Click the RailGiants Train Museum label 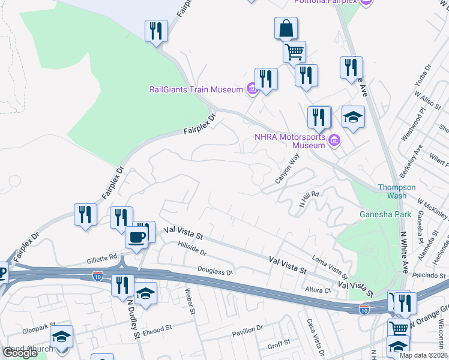196,90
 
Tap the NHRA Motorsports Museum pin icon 335,142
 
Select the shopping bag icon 286,28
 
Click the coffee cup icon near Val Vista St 136,238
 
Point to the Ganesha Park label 382,214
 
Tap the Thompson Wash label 396,191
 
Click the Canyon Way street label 286,169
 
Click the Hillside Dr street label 192,248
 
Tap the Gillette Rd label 100,257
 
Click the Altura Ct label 319,290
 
